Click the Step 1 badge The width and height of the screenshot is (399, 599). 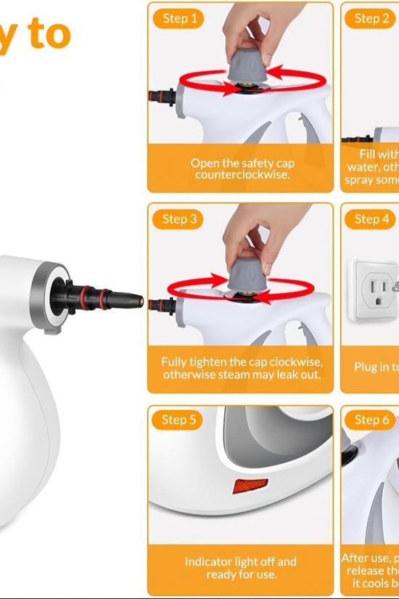[x=178, y=18]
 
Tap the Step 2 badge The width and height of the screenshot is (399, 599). [x=371, y=18]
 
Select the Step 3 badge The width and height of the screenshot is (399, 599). [x=178, y=219]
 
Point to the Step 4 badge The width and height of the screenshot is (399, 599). [x=371, y=219]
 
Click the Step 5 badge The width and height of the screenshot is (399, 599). [x=178, y=420]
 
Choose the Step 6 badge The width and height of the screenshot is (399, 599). [x=371, y=420]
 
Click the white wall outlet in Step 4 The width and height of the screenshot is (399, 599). [x=372, y=287]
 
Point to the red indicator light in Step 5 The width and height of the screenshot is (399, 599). [x=250, y=485]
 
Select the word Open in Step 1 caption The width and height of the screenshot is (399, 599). [x=205, y=163]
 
